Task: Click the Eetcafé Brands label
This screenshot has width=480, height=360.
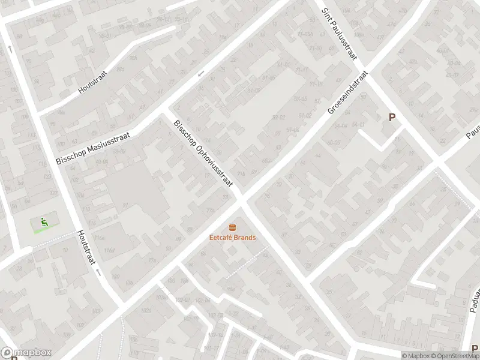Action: [232, 238]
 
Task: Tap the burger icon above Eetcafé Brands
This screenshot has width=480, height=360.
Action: [232, 227]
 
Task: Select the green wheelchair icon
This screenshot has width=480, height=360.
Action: [43, 222]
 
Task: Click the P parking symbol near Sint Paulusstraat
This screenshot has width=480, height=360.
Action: [392, 118]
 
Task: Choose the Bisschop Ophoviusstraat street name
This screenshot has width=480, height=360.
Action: [202, 158]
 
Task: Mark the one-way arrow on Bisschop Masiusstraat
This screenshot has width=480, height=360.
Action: [201, 74]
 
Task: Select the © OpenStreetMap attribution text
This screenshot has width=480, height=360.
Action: [456, 355]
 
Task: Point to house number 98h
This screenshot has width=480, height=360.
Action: [133, 58]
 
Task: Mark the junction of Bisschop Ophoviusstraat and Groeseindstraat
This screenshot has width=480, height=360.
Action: [242, 199]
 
